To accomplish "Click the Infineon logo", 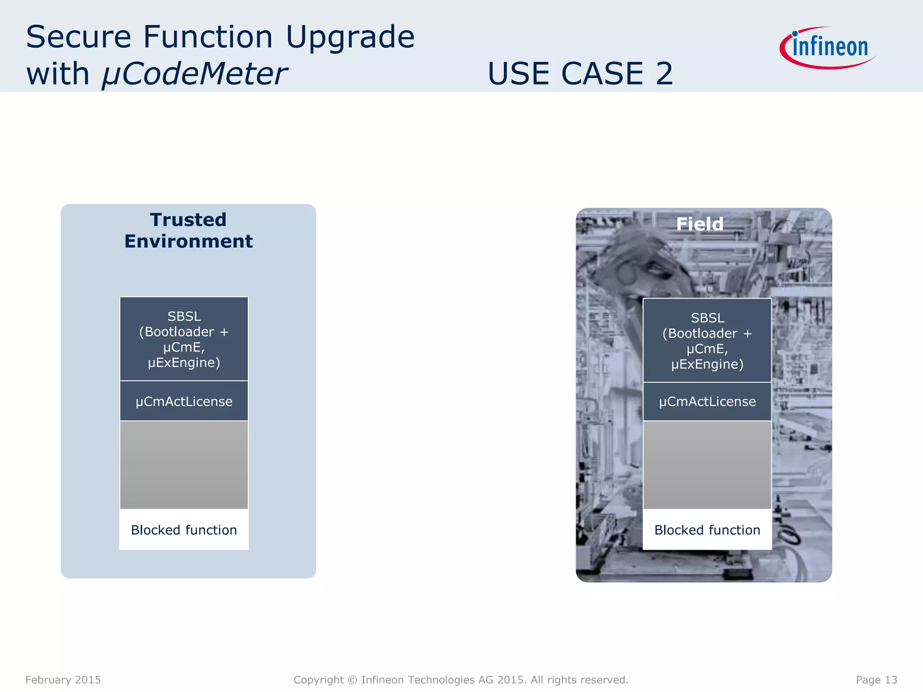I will tap(828, 47).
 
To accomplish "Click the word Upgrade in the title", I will tap(350, 37).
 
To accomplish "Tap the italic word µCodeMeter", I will tap(194, 74).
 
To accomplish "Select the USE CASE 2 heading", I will tap(580, 73).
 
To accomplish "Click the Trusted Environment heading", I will tap(188, 231).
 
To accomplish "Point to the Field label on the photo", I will tap(699, 224).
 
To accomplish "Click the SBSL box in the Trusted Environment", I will tap(184, 339).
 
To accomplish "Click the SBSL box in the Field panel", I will tap(707, 341).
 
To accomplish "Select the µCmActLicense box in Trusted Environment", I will tap(184, 401).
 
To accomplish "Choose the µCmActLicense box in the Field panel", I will tap(707, 401).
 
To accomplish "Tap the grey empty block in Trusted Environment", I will tap(184, 465).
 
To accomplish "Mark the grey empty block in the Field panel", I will tap(707, 465).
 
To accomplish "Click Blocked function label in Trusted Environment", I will tap(184, 530).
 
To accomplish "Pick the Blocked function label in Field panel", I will tap(707, 530).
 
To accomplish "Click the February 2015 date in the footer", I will tap(63, 679).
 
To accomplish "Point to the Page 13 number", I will tap(876, 679).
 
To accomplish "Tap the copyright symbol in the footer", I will tap(352, 680).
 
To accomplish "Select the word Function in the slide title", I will tap(208, 37).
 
